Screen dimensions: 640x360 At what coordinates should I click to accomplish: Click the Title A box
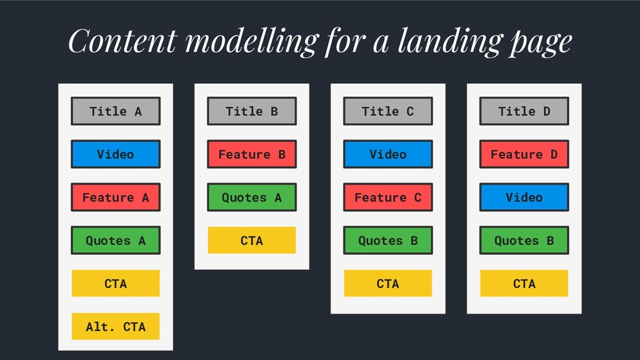click(x=116, y=111)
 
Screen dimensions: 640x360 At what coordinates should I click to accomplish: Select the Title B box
click(x=252, y=111)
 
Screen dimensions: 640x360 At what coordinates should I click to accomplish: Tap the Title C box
click(x=387, y=111)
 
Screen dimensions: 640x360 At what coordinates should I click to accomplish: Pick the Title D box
click(x=524, y=111)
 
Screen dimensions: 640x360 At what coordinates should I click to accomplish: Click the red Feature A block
click(x=116, y=197)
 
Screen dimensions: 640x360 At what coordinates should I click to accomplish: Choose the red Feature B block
click(x=252, y=154)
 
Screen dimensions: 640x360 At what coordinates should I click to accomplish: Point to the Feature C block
click(x=387, y=197)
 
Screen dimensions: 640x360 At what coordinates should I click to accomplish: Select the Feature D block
click(x=524, y=154)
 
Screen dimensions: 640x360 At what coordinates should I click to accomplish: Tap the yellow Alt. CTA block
click(x=116, y=326)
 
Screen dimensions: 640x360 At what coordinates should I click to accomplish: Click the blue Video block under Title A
click(x=116, y=154)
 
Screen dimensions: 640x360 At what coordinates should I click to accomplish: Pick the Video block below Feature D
click(x=524, y=197)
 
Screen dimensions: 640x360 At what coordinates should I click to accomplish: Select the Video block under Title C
click(x=387, y=154)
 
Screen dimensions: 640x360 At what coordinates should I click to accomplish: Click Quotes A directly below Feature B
click(x=252, y=197)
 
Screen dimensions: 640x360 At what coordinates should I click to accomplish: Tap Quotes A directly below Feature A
click(x=116, y=241)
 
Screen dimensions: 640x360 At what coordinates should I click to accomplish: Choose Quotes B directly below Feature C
click(x=387, y=241)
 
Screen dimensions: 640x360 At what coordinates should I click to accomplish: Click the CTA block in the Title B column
click(x=252, y=241)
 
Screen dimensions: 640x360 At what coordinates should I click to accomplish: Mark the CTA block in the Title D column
click(x=524, y=283)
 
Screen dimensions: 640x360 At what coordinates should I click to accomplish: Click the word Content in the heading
click(x=123, y=41)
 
